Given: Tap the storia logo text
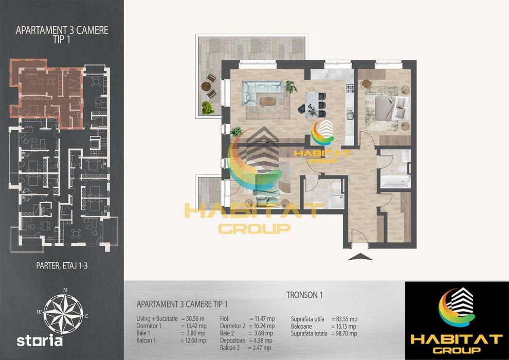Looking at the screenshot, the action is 40,341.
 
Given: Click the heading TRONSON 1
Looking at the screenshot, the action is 304,295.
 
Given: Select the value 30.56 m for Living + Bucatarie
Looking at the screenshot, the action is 195,319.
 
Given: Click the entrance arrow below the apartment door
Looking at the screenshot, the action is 360,258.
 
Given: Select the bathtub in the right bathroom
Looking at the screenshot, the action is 395,182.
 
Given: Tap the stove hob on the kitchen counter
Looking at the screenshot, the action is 350,88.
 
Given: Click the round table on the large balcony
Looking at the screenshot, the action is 206,86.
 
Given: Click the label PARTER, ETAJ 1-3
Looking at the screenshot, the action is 62,266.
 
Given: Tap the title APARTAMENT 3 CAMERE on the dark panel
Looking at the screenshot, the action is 62,30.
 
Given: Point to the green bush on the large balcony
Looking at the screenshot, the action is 208,108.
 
